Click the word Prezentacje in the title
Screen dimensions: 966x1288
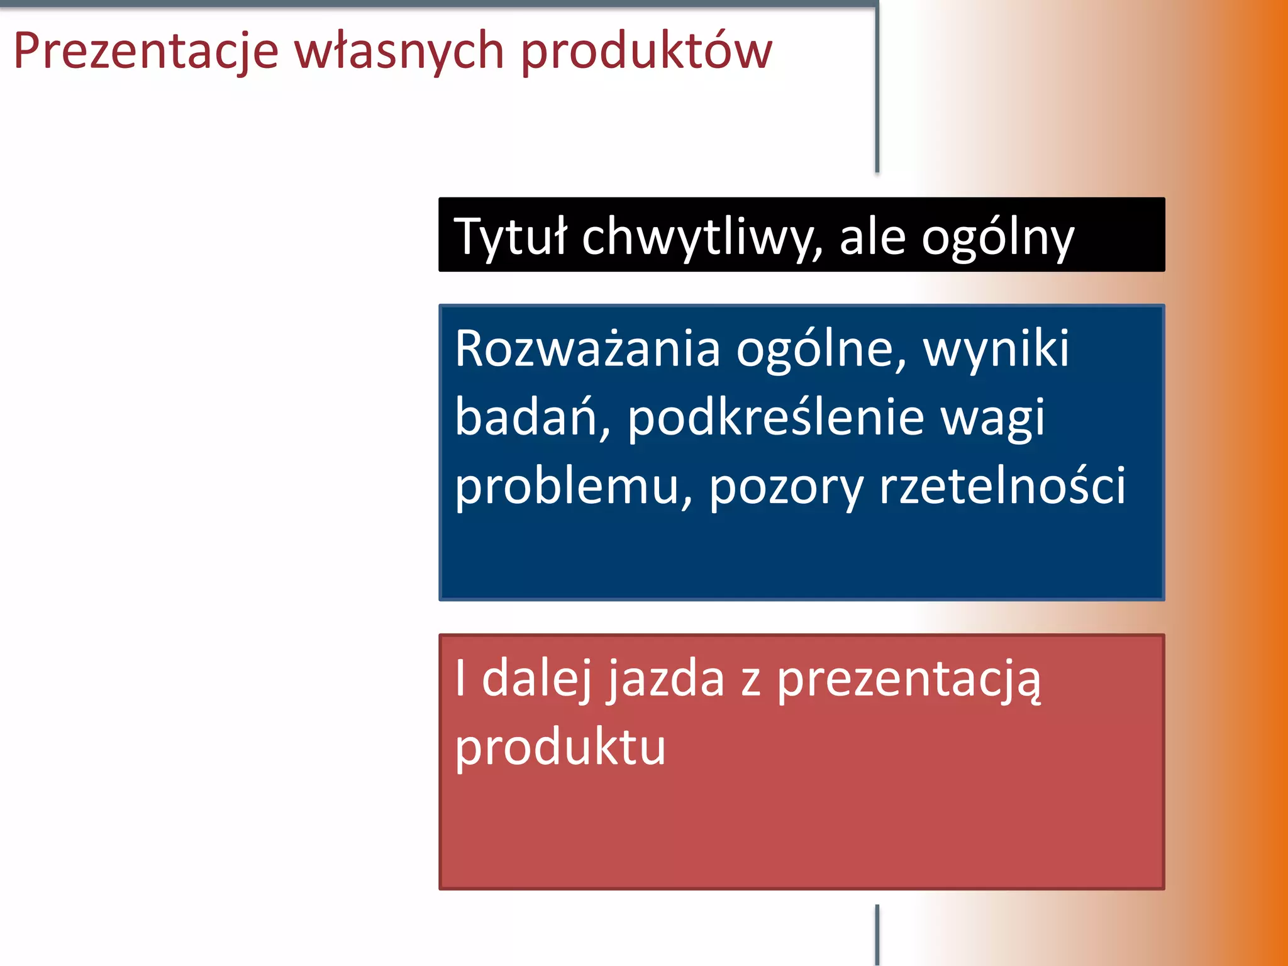pyautogui.click(x=146, y=52)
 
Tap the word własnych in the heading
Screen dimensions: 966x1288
pyautogui.click(x=399, y=52)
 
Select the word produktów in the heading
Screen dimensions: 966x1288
pyautogui.click(x=647, y=52)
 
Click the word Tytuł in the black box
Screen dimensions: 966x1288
pyautogui.click(x=510, y=237)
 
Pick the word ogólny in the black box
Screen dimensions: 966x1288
pyautogui.click(x=998, y=237)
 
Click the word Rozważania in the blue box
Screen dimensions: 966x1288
pyautogui.click(x=587, y=349)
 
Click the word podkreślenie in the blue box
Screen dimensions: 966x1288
pyautogui.click(x=775, y=418)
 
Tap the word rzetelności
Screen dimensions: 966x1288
pyautogui.click(x=1002, y=486)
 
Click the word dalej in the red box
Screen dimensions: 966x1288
pyautogui.click(x=536, y=679)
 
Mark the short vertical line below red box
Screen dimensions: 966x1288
pyautogui.click(x=877, y=935)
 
